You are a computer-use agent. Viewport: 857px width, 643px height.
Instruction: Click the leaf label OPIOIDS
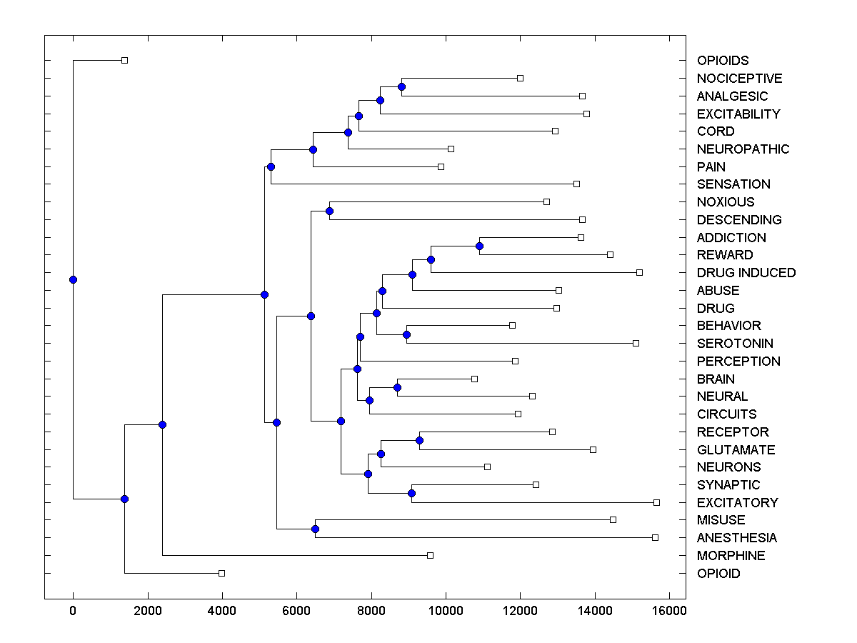[723, 61]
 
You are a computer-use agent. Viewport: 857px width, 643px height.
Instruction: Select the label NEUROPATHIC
[743, 149]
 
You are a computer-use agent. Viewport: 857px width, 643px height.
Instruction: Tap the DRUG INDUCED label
[746, 273]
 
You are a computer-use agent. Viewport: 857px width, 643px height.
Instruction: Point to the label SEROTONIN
[735, 344]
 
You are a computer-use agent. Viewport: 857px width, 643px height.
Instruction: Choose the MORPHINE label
[731, 556]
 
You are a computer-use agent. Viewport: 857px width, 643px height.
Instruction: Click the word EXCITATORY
[737, 503]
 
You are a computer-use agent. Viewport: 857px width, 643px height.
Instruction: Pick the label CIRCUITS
[726, 414]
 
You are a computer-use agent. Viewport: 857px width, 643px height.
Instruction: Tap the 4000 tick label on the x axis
[222, 610]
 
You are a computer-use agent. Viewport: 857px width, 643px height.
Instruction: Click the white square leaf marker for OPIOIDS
[124, 60]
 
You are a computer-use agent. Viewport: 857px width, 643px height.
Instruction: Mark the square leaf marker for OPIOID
[221, 573]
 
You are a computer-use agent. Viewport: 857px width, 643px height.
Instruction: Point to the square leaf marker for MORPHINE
[430, 555]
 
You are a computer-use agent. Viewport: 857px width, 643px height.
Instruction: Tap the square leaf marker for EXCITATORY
[656, 502]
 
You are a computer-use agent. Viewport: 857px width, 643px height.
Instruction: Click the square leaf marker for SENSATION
[576, 184]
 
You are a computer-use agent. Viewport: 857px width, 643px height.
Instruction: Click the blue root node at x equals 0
[73, 279]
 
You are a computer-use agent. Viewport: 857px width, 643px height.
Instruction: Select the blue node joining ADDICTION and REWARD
[479, 246]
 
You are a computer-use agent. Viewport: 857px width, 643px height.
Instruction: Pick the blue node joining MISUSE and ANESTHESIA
[315, 529]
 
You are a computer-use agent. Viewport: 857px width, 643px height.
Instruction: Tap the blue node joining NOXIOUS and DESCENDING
[329, 211]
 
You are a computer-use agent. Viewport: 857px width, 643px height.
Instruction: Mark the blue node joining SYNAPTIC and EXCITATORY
[411, 493]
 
